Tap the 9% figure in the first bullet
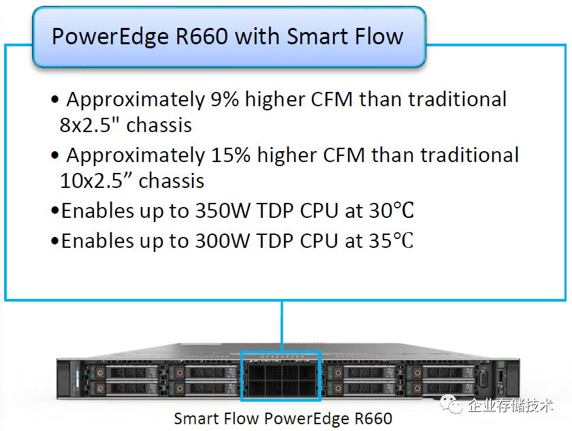click(x=224, y=99)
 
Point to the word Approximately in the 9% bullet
click(x=134, y=99)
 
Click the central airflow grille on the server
click(x=281, y=377)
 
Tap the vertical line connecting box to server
click(x=281, y=327)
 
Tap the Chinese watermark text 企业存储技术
click(x=511, y=406)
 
